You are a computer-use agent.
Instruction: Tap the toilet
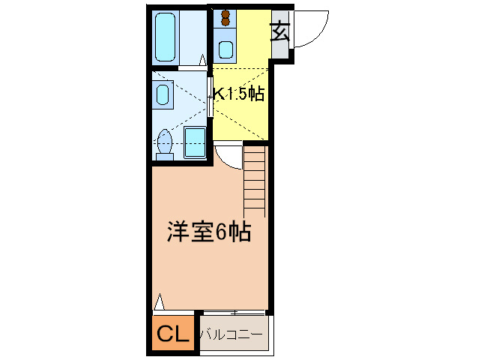click(x=164, y=143)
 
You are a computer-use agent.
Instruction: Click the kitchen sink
click(x=225, y=50)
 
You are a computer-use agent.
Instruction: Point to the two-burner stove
click(x=225, y=19)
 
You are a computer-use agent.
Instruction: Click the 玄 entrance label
click(x=280, y=32)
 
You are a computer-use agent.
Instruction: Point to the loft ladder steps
click(x=255, y=180)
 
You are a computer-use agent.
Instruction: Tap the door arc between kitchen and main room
click(x=226, y=154)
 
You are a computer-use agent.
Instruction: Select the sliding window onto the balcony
click(x=233, y=311)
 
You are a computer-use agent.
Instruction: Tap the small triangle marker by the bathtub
click(x=203, y=58)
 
